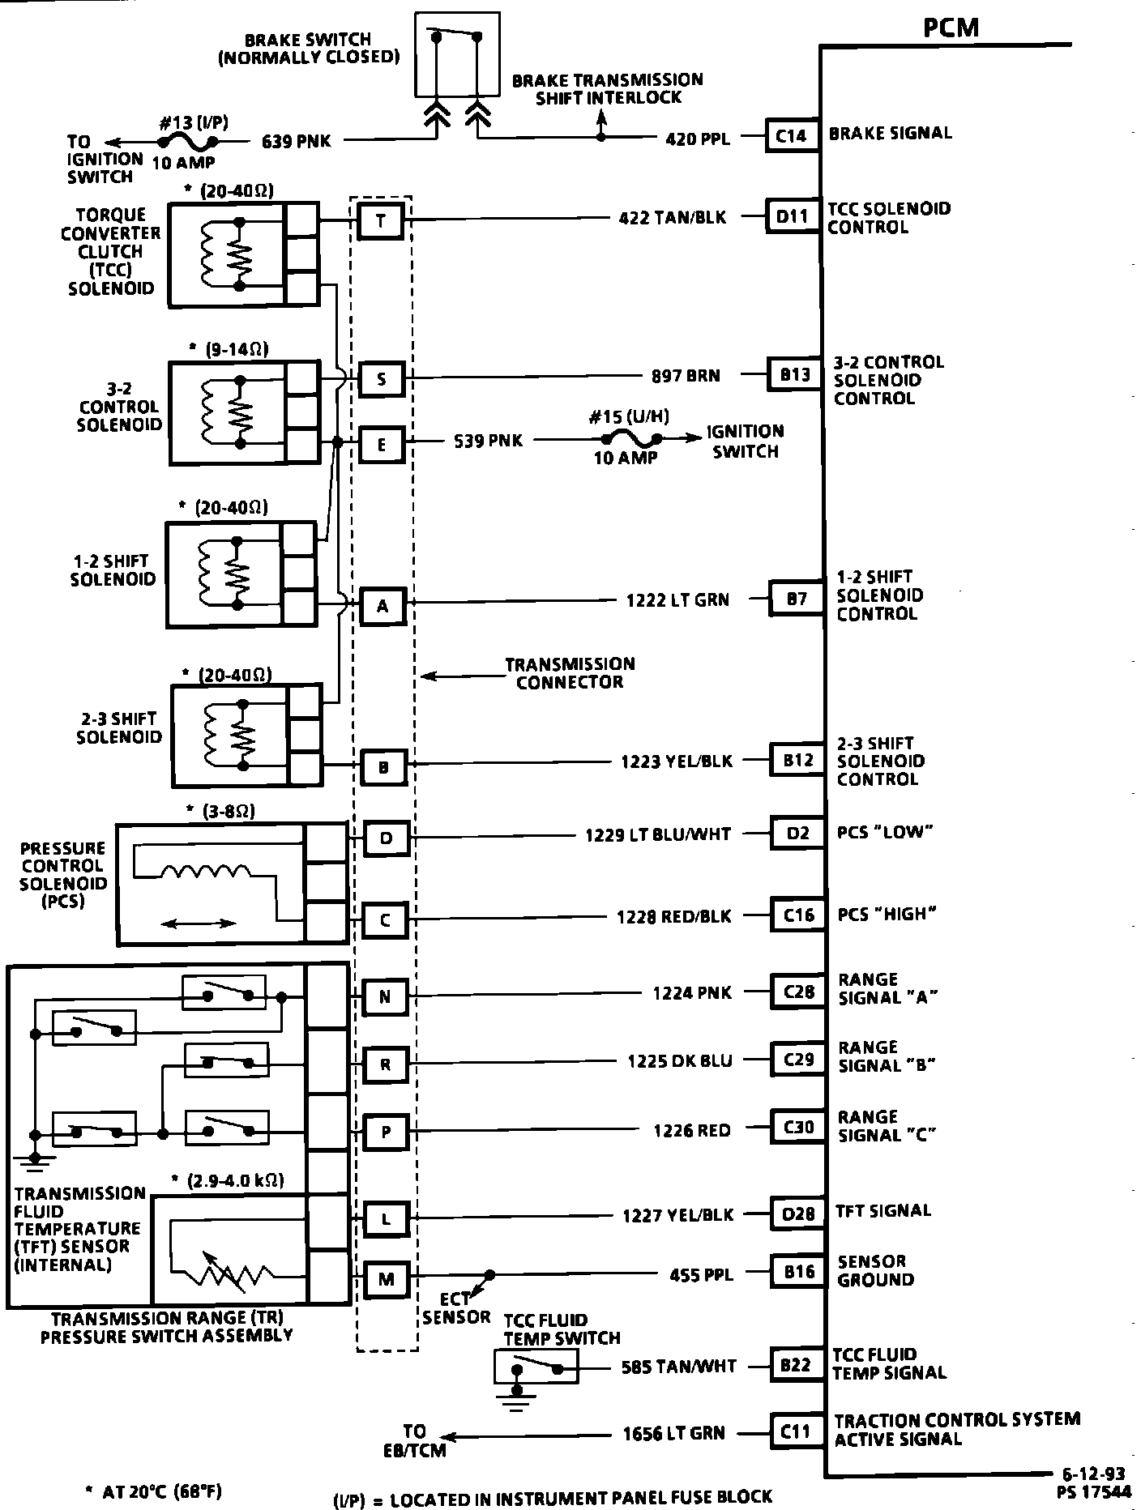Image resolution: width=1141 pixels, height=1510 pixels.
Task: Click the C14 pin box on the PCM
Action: pyautogui.click(x=791, y=135)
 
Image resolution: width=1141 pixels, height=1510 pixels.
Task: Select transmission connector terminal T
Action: pyautogui.click(x=380, y=220)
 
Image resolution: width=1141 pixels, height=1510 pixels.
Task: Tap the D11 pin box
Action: pyautogui.click(x=793, y=217)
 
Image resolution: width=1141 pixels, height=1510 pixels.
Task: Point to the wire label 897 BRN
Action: pyautogui.click(x=686, y=376)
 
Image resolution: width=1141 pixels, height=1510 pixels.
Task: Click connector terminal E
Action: pyautogui.click(x=382, y=444)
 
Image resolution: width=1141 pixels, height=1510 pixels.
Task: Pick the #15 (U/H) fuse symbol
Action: pyautogui.click(x=630, y=438)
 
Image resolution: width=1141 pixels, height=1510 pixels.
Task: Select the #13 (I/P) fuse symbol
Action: pyautogui.click(x=190, y=142)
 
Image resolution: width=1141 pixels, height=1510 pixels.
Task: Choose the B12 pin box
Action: pyautogui.click(x=798, y=760)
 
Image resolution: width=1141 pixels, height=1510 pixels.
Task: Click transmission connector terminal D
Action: pyautogui.click(x=386, y=838)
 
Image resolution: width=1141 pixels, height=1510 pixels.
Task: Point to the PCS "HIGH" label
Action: pyautogui.click(x=887, y=914)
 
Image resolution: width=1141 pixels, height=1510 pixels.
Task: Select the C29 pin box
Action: pyautogui.click(x=798, y=1060)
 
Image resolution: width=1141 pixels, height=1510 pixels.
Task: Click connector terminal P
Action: pyautogui.click(x=386, y=1132)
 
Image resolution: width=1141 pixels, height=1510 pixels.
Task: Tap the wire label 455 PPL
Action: pyautogui.click(x=701, y=1275)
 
